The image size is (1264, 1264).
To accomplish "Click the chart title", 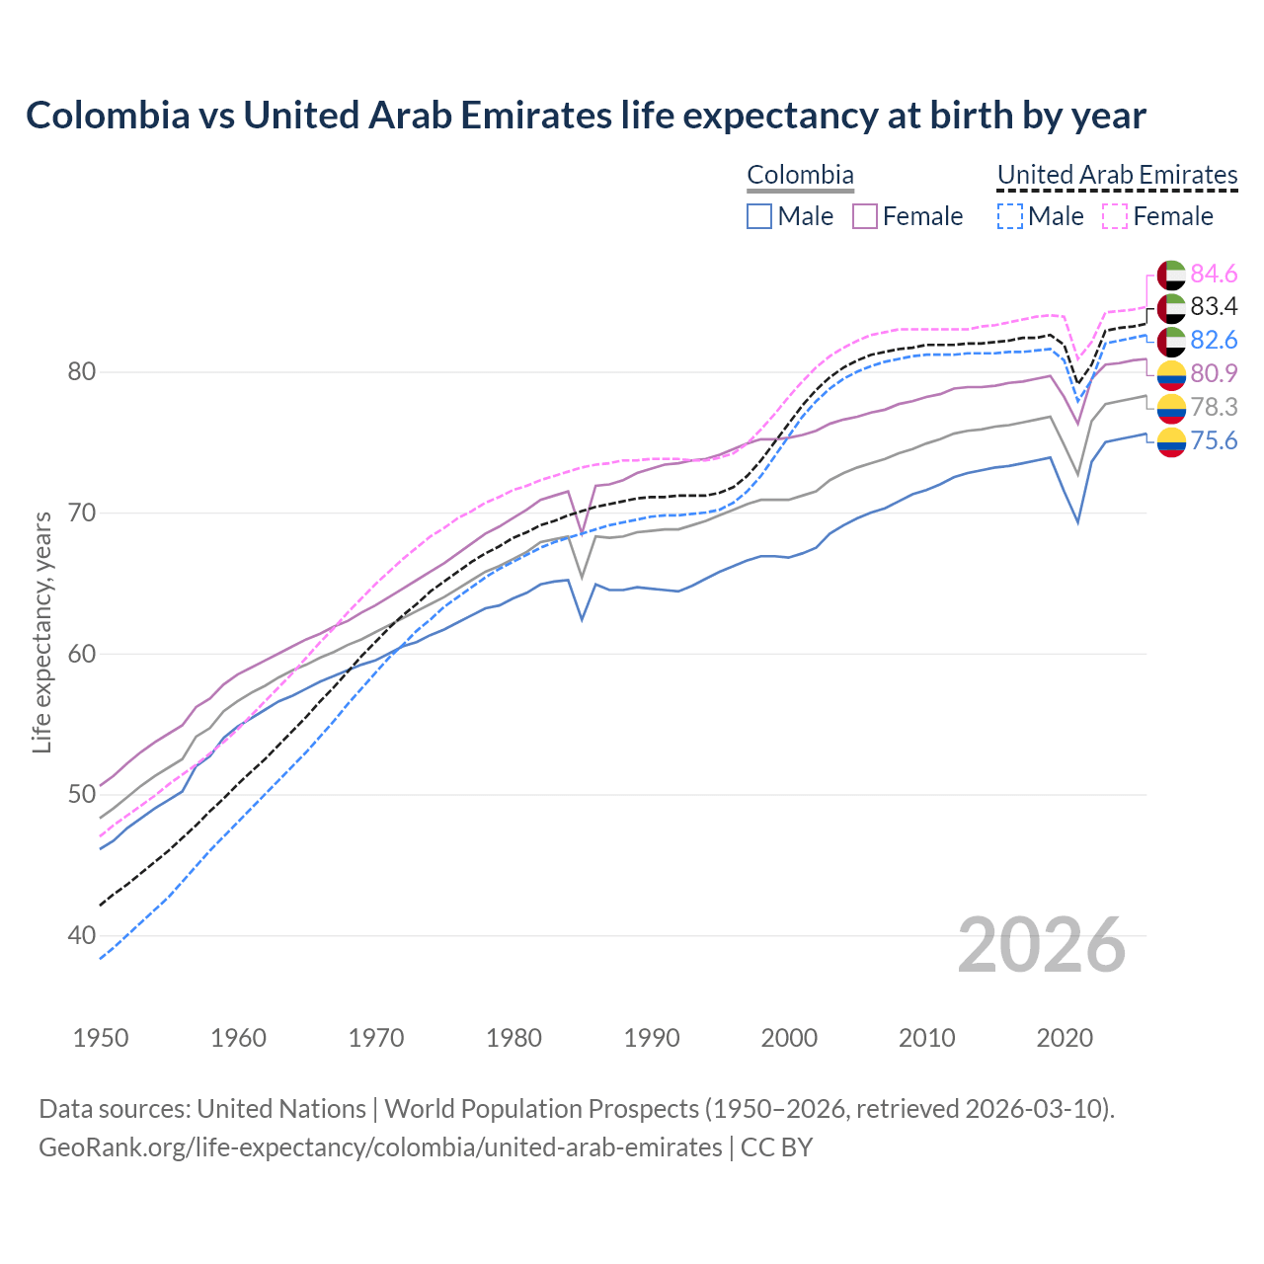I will click(586, 116).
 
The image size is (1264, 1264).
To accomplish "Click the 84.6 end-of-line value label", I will click(1214, 274).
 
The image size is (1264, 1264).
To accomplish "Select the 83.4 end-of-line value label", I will click(1214, 307).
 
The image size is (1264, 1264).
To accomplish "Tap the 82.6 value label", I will click(1214, 340).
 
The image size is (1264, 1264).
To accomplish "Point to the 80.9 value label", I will click(1214, 373).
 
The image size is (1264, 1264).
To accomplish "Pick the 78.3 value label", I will click(1214, 407).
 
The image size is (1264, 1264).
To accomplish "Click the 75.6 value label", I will click(1214, 440).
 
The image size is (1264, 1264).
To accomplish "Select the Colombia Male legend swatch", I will click(758, 216).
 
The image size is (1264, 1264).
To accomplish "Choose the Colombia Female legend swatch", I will click(865, 216).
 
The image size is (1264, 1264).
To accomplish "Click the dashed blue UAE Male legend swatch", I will click(1009, 216).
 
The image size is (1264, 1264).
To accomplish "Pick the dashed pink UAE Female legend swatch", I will click(1115, 216).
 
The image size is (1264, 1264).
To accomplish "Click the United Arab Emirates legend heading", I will click(1117, 175).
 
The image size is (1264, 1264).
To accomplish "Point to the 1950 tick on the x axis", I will click(101, 1038).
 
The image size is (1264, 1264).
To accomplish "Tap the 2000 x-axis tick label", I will click(789, 1038).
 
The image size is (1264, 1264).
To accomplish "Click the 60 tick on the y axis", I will click(81, 654).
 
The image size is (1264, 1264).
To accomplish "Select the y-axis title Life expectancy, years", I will click(42, 632).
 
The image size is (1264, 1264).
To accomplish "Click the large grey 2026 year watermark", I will click(1042, 945).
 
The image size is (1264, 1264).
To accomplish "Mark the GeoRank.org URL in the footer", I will click(380, 1147).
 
